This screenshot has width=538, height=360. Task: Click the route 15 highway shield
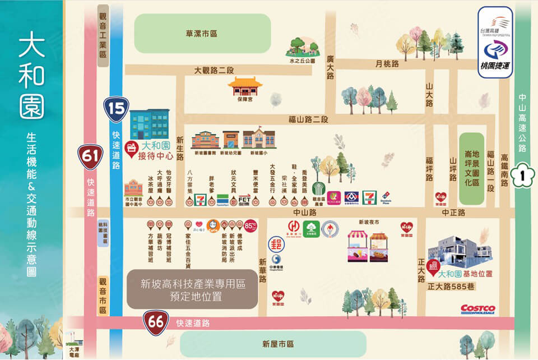116,109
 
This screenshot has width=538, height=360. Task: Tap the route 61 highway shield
90,155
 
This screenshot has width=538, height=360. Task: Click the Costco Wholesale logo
477,310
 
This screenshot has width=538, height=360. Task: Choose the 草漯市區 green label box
202,34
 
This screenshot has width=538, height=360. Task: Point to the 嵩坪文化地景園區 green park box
471,168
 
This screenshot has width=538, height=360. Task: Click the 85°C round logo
251,226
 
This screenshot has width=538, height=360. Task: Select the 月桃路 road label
387,64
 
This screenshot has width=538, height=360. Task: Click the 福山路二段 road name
308,119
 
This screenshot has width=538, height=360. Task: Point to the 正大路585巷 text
451,286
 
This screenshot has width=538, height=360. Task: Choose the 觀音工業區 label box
103,37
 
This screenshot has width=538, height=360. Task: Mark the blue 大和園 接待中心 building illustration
149,124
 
